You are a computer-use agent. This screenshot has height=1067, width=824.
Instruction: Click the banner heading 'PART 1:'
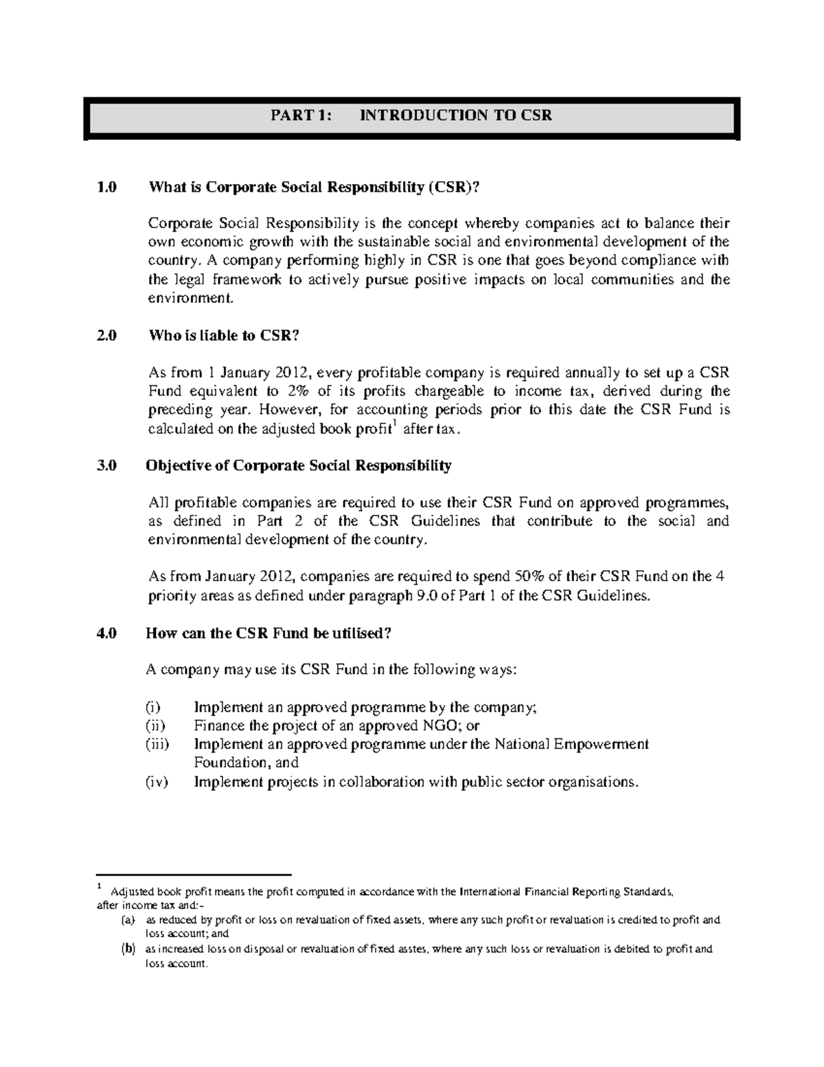(x=301, y=115)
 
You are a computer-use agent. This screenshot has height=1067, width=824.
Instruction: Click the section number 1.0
(x=106, y=187)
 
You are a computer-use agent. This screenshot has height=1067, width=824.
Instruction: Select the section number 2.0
(x=106, y=335)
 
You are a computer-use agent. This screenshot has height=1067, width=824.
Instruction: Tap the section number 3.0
(x=106, y=465)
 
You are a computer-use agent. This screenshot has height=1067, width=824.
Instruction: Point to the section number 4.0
(x=106, y=633)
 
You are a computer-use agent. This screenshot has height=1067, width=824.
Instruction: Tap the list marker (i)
(x=154, y=707)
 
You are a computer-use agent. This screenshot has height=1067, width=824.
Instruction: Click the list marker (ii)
(x=156, y=726)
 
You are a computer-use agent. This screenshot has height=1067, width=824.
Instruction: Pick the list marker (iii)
(x=158, y=744)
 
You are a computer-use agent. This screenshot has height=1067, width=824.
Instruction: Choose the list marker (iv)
(x=157, y=781)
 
